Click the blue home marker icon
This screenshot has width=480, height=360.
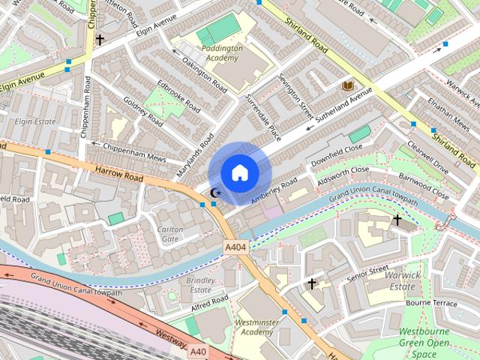point(239,173)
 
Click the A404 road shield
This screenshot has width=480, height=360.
point(235,247)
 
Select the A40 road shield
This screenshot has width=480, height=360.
point(197,351)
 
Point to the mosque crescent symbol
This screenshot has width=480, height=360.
point(215,193)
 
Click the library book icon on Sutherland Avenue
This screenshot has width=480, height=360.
point(347,86)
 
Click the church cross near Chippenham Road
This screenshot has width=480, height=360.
point(99,40)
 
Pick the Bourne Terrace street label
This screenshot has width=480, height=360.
point(430,303)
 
